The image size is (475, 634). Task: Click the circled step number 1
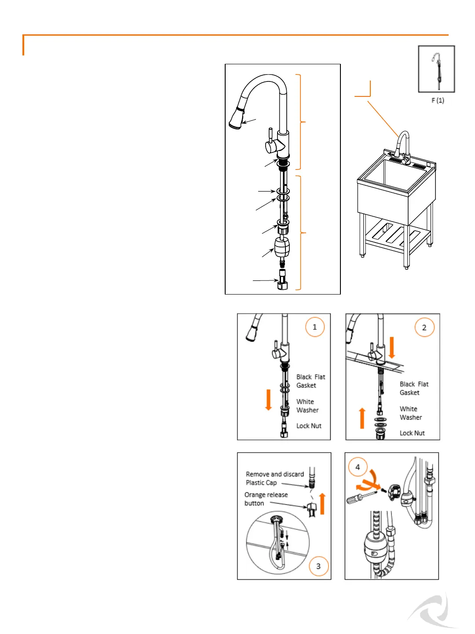[x=314, y=327]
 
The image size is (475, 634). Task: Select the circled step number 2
[x=424, y=328]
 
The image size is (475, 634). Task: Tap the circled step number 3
[x=318, y=566]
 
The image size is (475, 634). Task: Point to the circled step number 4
[x=358, y=467]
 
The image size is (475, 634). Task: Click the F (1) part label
[x=438, y=100]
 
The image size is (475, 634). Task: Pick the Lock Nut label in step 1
[x=309, y=426]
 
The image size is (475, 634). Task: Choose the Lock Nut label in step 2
[x=412, y=433]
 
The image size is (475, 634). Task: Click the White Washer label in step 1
[x=307, y=406]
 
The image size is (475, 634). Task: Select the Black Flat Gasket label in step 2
[x=413, y=388]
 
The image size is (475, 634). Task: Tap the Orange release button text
[x=266, y=499]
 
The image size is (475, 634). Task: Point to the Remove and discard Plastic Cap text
[x=274, y=478]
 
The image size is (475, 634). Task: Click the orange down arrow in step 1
[x=268, y=399]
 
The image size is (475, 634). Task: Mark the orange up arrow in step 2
[x=362, y=418]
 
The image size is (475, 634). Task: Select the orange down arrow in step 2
[x=392, y=348]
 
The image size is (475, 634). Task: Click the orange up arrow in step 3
[x=322, y=504]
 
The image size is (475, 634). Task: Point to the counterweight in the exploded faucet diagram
[x=281, y=247]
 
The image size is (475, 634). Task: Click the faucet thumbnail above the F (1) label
[x=436, y=69]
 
